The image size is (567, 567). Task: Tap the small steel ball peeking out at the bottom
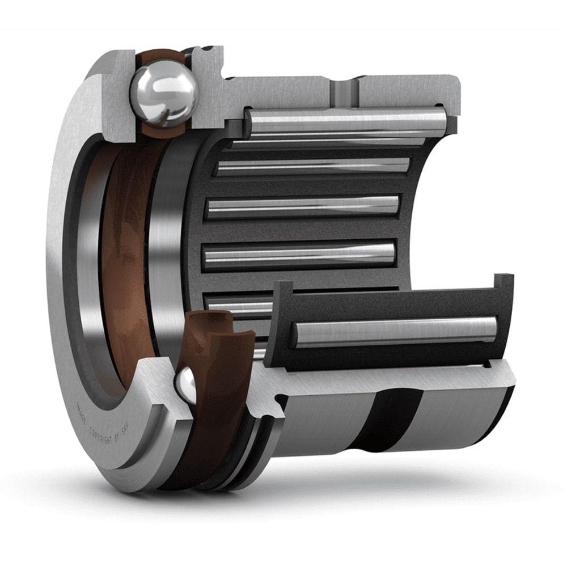point(186,385)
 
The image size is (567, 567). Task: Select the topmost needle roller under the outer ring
point(346,121)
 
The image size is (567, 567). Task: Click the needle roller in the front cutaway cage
point(394,331)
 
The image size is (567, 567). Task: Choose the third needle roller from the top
point(303,206)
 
